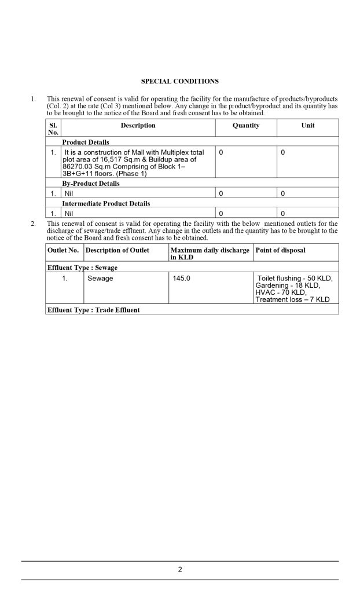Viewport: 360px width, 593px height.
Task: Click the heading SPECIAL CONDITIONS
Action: (x=180, y=81)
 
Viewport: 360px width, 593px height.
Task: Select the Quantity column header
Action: (x=246, y=126)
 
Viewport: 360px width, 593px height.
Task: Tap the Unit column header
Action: (x=308, y=126)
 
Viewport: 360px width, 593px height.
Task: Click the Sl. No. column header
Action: (x=53, y=129)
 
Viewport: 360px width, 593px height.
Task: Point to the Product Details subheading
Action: (x=86, y=142)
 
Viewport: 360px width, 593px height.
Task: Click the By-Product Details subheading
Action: (x=91, y=184)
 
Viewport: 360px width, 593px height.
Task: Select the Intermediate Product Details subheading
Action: (x=106, y=204)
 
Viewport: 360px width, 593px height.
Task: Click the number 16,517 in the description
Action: (x=121, y=159)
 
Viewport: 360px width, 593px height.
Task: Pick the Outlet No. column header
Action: (x=63, y=250)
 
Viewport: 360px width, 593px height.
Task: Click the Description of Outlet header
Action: (x=117, y=250)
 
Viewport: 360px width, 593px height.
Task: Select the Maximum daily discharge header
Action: (x=210, y=253)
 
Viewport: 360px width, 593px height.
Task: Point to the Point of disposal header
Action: (x=281, y=250)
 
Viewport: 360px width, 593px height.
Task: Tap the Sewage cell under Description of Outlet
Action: (x=100, y=279)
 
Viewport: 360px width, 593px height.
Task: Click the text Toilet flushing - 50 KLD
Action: (x=295, y=279)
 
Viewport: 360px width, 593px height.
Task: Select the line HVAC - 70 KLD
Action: (x=281, y=292)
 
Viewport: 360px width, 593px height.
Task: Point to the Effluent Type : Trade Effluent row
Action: (x=93, y=310)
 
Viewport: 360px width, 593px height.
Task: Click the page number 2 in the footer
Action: (x=180, y=570)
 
